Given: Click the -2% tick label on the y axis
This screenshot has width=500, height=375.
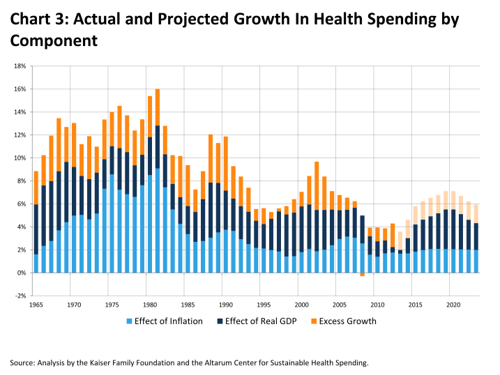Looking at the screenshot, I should (x=20, y=296).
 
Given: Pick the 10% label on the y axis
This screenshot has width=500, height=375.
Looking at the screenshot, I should (x=20, y=158).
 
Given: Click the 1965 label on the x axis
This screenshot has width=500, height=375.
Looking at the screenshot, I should (x=36, y=305).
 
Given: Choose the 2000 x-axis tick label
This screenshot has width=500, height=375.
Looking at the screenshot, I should (x=301, y=305).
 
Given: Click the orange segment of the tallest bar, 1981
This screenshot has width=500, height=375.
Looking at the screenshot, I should (x=158, y=107).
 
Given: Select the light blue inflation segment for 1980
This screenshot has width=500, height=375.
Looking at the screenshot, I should (x=150, y=223).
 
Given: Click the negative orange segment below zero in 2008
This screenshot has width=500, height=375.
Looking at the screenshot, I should (x=362, y=275).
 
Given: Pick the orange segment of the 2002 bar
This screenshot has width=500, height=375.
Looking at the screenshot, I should (x=317, y=185).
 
